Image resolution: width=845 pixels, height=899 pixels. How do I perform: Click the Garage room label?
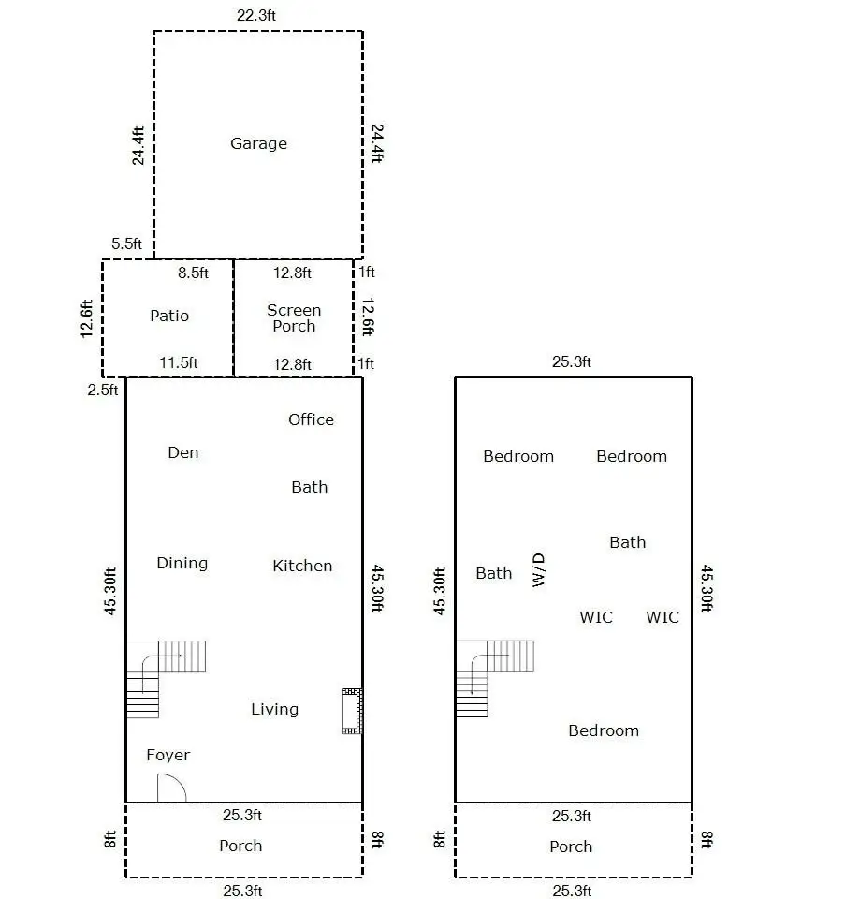click(x=258, y=143)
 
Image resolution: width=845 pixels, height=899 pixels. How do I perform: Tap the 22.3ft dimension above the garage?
click(x=256, y=16)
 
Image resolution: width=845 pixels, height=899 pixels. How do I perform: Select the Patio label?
click(x=169, y=316)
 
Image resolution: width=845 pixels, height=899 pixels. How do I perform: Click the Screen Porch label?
click(x=294, y=317)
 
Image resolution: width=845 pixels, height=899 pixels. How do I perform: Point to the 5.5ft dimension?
click(x=126, y=243)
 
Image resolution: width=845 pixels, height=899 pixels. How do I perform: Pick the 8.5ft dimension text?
click(x=193, y=273)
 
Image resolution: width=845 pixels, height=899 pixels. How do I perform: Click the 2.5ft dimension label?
click(x=103, y=390)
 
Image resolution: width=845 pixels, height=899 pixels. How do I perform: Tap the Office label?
click(x=311, y=420)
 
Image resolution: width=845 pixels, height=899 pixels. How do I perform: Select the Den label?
click(x=183, y=452)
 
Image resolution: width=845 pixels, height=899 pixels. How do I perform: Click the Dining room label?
click(x=182, y=564)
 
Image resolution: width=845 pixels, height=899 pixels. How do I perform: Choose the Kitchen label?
click(x=302, y=566)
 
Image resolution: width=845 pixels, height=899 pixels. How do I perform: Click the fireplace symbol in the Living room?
click(x=353, y=711)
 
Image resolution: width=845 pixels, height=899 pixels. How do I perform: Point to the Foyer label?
click(x=168, y=755)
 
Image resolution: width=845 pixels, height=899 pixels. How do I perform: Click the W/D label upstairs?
click(x=538, y=570)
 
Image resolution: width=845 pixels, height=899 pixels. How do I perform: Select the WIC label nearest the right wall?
click(x=663, y=617)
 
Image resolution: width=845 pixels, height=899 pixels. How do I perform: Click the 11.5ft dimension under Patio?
click(x=178, y=363)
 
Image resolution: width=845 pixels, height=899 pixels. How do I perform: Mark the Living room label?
click(x=274, y=710)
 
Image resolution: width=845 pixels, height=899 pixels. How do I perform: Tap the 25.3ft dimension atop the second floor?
click(x=572, y=361)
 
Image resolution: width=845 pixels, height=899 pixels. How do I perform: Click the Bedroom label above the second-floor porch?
click(x=604, y=730)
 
